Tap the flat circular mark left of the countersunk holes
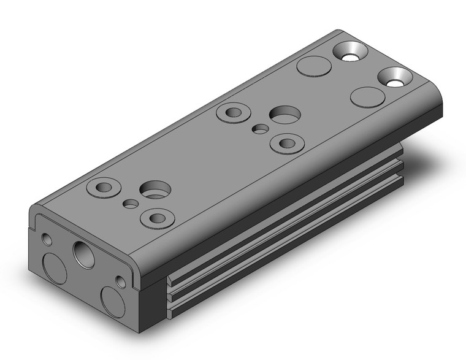(312, 66)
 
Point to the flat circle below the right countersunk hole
(367, 97)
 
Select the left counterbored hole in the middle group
(234, 113)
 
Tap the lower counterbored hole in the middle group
(286, 144)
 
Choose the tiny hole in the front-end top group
(130, 203)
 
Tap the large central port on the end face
(83, 251)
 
